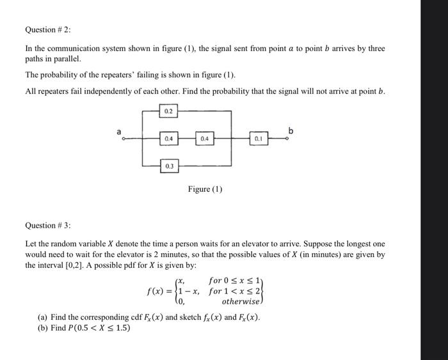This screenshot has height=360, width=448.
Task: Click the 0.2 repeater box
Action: tap(168, 111)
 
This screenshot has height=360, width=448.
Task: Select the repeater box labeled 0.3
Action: tap(168, 166)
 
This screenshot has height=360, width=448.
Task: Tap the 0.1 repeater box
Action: tap(258, 138)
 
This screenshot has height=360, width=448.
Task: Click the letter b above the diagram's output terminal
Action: tap(291, 130)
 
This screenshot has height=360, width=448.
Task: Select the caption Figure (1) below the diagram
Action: tap(205, 189)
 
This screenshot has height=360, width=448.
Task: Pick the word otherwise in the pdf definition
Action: tap(241, 301)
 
